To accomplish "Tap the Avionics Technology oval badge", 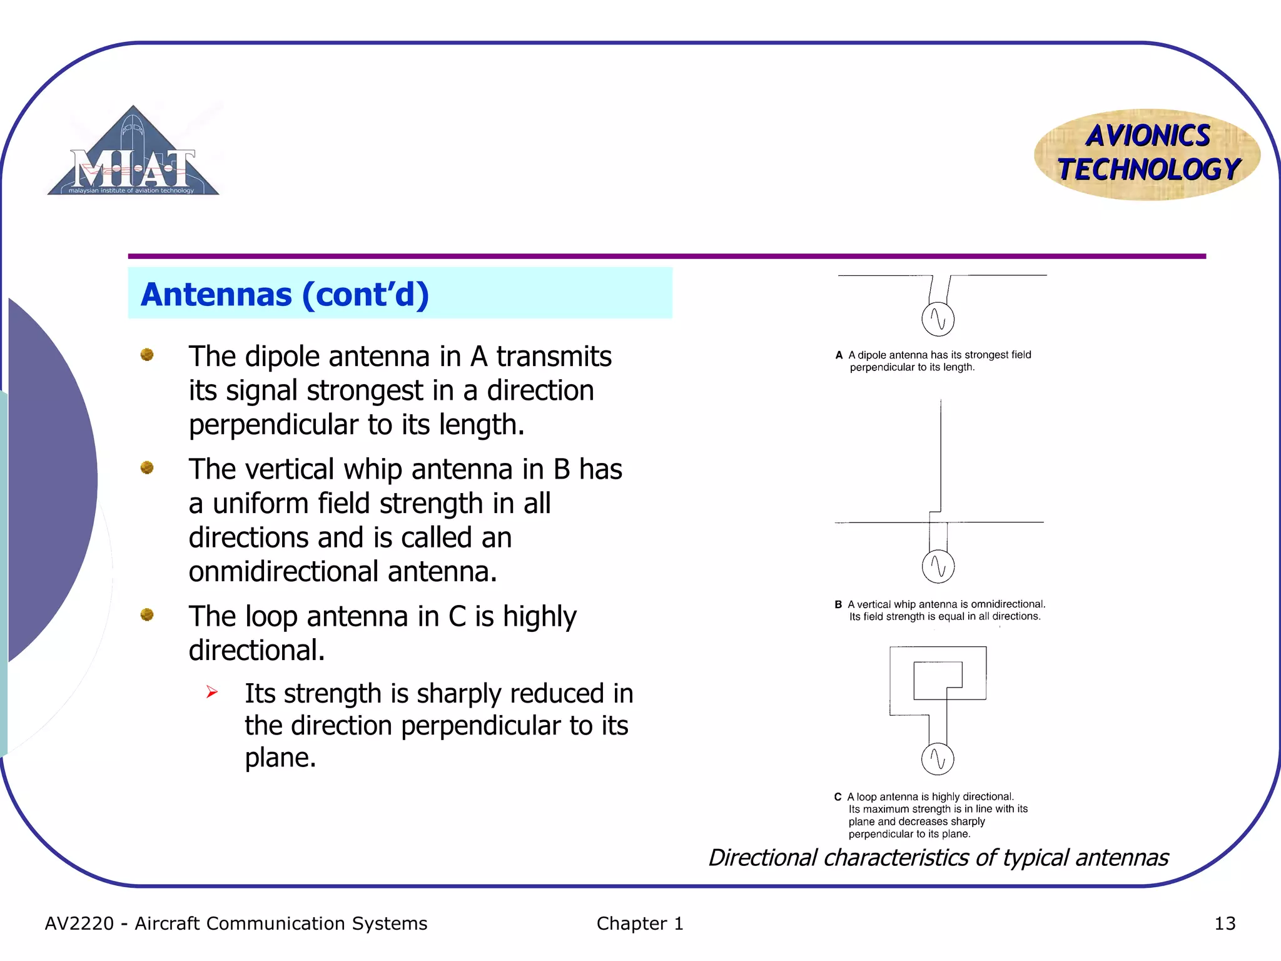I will point(1147,154).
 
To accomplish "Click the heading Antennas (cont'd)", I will point(285,294).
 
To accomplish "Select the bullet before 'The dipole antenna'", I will point(147,355).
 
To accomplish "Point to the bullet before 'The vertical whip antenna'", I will point(147,467).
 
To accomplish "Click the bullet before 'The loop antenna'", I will point(147,614).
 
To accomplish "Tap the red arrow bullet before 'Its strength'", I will point(212,692).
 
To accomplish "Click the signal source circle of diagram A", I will point(938,319).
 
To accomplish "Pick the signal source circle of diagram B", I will point(938,566).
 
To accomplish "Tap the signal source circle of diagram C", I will point(937,758).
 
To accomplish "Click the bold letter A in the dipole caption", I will point(839,355).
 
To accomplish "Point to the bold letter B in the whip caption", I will point(838,604).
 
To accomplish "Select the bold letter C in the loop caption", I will point(838,797).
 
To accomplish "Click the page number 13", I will point(1224,923).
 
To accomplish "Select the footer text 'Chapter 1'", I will point(639,923).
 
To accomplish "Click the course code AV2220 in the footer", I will point(79,923).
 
